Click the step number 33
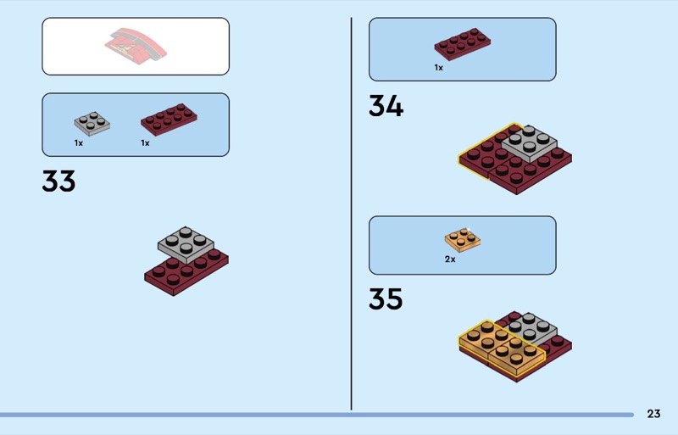58,181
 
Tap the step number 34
386,106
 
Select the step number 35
386,299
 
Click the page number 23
653,414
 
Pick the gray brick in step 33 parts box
92,124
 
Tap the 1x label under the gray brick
79,143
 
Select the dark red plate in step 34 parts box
464,43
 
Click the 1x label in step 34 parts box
439,67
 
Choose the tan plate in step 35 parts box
463,239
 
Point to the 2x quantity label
450,259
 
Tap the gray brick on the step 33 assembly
186,243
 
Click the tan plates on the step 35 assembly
500,346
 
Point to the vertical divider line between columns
351,212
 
